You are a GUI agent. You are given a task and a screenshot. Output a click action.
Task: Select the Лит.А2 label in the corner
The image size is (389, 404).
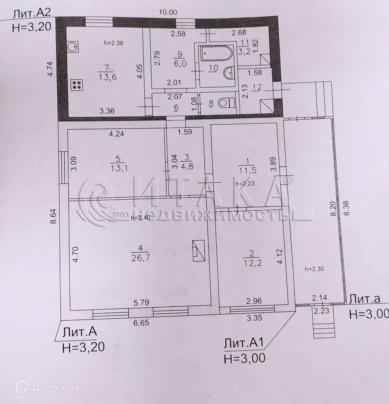pyautogui.click(x=32, y=14)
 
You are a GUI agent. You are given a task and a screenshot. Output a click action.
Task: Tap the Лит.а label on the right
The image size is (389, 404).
pyautogui.click(x=364, y=299)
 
